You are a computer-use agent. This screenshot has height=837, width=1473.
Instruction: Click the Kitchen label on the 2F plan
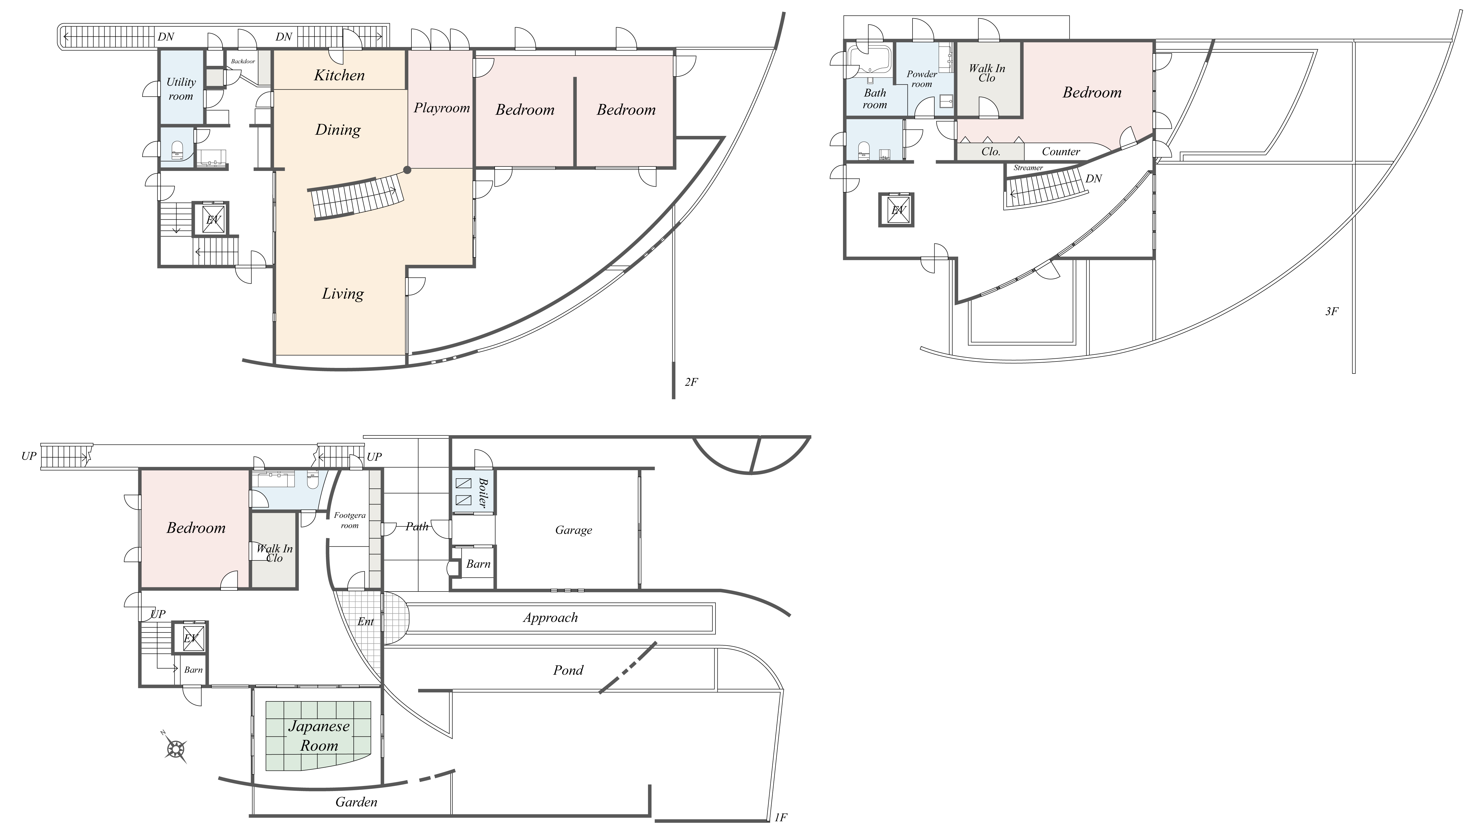(x=339, y=75)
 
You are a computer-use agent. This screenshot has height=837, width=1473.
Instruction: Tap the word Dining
(x=338, y=130)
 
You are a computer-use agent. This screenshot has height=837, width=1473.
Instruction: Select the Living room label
(x=343, y=294)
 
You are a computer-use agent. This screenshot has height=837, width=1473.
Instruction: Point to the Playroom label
(x=442, y=108)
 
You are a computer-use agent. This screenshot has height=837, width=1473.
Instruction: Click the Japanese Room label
(x=319, y=736)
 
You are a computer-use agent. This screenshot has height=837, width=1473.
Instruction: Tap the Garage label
(x=573, y=530)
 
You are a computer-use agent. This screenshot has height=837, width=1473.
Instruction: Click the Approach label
(x=550, y=618)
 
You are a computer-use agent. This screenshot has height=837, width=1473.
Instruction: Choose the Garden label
(x=356, y=802)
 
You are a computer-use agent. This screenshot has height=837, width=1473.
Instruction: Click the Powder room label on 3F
(x=922, y=79)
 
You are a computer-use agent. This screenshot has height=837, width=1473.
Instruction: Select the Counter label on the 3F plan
(x=1061, y=152)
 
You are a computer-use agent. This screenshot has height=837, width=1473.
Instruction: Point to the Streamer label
(x=1028, y=168)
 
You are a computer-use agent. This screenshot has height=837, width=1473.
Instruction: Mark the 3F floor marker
(x=1331, y=312)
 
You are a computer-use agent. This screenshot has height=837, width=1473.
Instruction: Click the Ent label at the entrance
(x=366, y=622)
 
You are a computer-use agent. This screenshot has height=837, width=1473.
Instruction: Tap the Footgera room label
(x=349, y=520)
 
